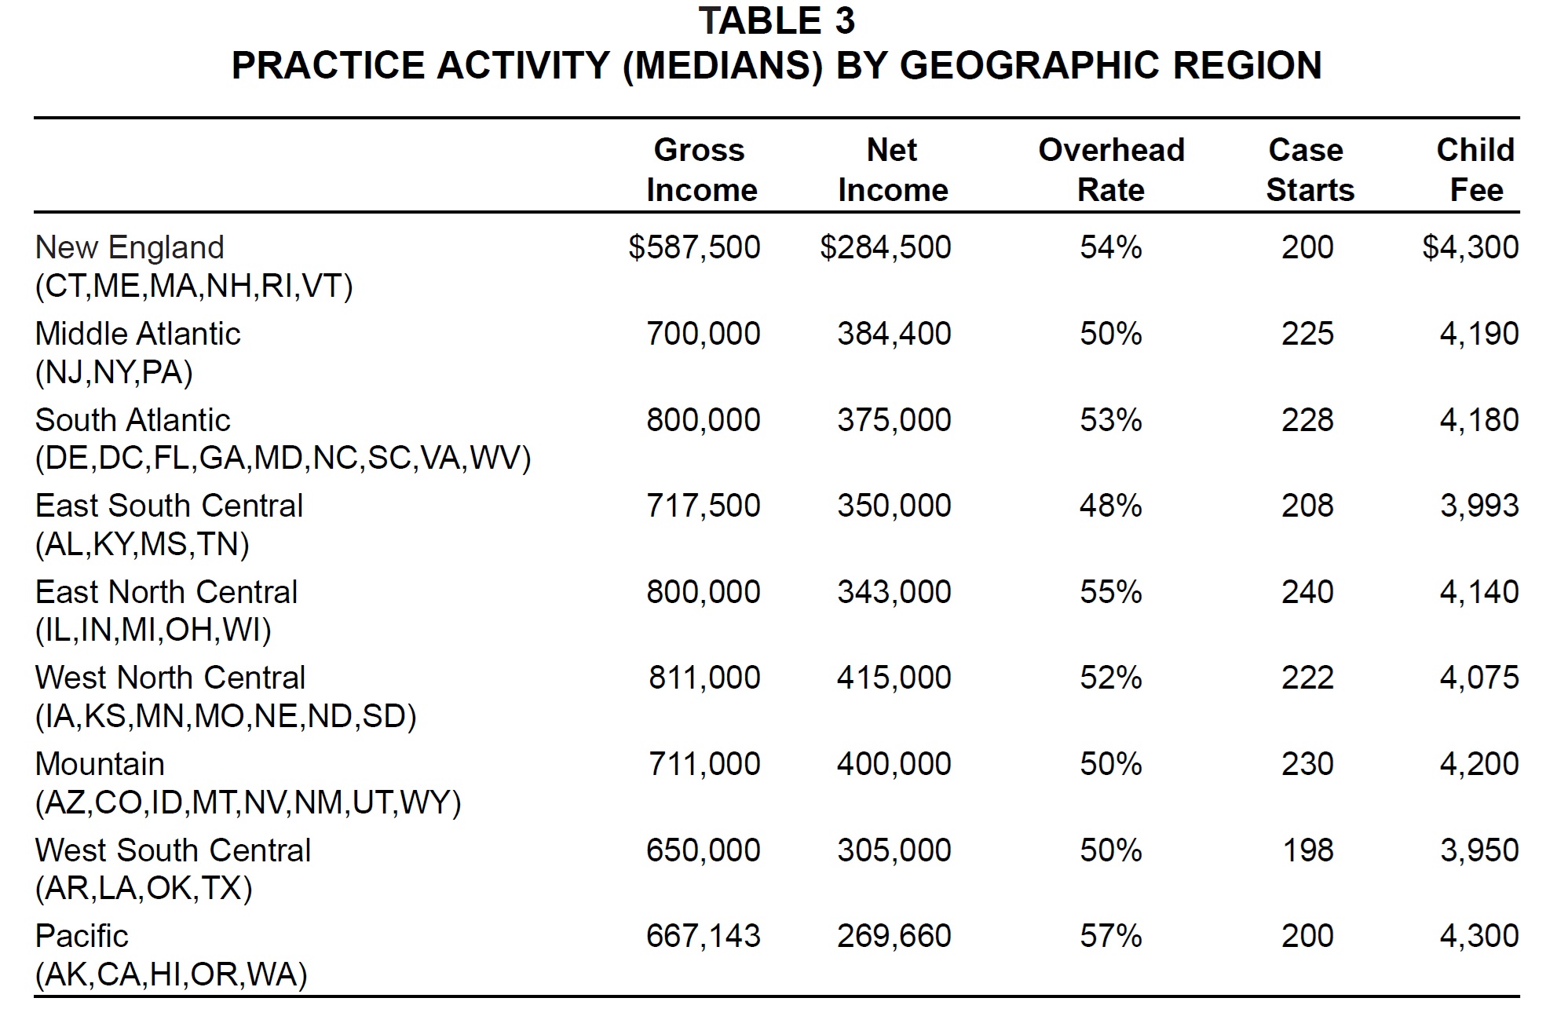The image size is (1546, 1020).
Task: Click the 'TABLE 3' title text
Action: click(777, 21)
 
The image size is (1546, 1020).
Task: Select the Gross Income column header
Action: click(701, 170)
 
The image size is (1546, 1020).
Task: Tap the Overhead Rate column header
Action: click(1111, 170)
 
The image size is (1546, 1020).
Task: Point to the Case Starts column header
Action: click(1309, 170)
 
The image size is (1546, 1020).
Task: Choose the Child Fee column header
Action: click(1475, 170)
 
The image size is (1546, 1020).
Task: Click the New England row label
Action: click(130, 247)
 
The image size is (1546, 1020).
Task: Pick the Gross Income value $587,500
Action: click(694, 247)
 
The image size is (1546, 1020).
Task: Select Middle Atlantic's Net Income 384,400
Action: click(894, 334)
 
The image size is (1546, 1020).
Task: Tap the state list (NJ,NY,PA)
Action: click(114, 372)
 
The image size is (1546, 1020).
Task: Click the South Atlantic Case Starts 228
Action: click(1307, 420)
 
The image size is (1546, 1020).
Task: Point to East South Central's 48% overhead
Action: click(1110, 506)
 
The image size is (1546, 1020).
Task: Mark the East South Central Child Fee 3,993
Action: click(1479, 506)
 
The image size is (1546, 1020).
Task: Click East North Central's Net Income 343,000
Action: click(894, 592)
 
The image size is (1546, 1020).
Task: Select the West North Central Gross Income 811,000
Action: click(704, 678)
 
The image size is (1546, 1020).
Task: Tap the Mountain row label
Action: click(100, 764)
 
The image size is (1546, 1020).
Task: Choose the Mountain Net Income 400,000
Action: click(894, 764)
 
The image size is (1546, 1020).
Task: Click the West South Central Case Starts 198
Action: click(1307, 850)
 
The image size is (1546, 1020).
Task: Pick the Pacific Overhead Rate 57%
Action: click(1110, 936)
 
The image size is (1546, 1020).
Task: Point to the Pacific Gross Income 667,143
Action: click(704, 936)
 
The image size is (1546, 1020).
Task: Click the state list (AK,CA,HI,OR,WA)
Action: click(171, 974)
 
